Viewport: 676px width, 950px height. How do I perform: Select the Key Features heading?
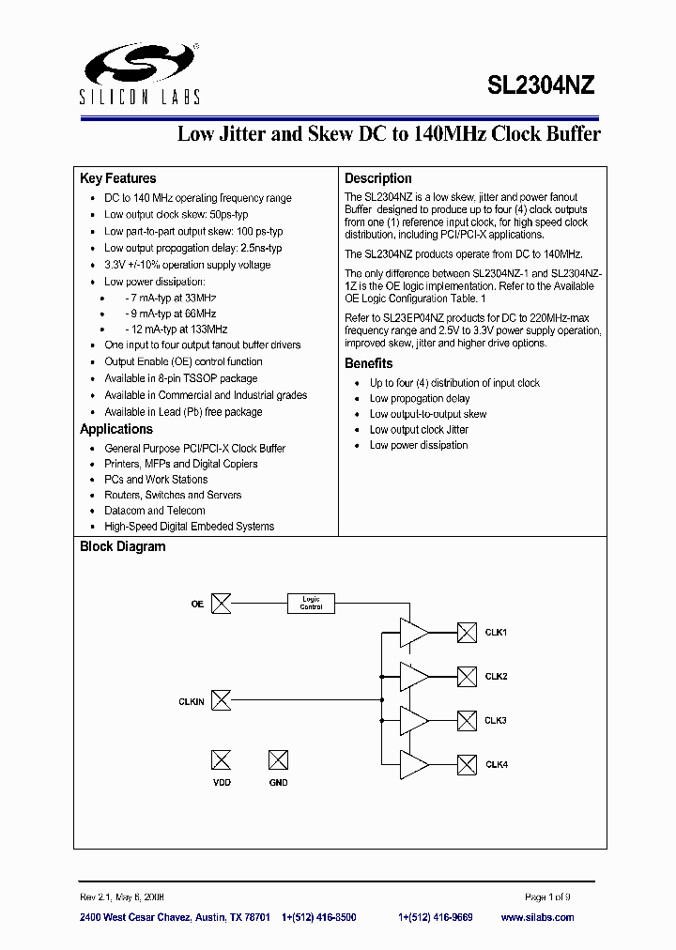(x=118, y=178)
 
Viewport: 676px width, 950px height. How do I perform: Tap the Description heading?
(x=378, y=178)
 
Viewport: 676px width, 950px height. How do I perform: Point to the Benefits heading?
(x=369, y=363)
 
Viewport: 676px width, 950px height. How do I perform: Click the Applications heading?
(x=116, y=429)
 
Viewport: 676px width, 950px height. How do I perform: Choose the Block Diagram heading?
(x=123, y=546)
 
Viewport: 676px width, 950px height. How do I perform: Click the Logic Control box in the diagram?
(x=311, y=604)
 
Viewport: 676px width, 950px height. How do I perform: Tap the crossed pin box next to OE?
(x=222, y=604)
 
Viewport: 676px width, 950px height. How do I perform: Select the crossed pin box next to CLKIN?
(x=222, y=700)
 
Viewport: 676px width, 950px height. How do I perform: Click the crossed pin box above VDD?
(x=222, y=760)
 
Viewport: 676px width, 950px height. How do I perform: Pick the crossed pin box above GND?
(x=278, y=760)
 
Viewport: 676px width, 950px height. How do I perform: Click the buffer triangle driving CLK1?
(x=413, y=632)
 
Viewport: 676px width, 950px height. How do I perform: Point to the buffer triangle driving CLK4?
(x=413, y=765)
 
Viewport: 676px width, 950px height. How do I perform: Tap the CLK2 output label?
(x=496, y=677)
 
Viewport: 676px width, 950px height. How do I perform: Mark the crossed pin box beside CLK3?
(x=467, y=721)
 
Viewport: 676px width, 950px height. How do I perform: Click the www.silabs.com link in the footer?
(x=537, y=917)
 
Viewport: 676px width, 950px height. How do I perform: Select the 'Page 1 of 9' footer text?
(x=547, y=896)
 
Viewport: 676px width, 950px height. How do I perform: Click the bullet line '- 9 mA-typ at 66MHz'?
(x=170, y=314)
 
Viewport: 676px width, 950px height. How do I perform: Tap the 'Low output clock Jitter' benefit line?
(x=419, y=429)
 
